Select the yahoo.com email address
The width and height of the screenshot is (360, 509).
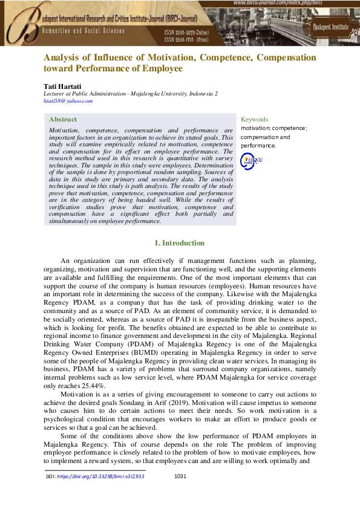click(x=68, y=101)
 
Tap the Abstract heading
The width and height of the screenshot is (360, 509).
click(x=63, y=120)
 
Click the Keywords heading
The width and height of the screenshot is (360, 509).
click(x=254, y=120)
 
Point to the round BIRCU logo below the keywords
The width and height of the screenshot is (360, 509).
click(x=252, y=160)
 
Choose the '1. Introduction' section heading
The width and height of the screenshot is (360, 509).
click(x=180, y=243)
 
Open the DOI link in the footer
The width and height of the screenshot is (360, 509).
click(x=103, y=477)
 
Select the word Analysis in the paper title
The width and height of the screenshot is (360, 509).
click(x=63, y=57)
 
